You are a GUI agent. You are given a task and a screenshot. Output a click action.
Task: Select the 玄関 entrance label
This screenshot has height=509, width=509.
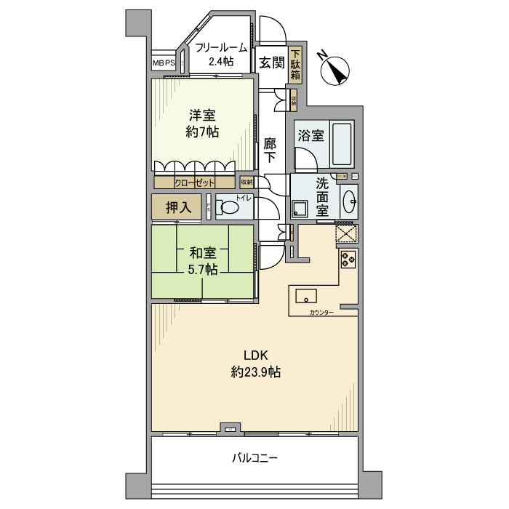point(272,62)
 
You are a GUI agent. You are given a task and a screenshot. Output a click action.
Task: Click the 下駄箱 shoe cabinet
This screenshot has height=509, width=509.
point(296,64)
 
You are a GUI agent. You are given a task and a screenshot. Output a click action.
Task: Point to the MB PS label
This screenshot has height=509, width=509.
point(164,64)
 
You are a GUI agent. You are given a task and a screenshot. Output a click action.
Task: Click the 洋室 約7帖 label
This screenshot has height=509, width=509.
point(202,124)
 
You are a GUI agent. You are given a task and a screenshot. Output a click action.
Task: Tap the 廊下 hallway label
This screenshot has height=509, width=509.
point(270,150)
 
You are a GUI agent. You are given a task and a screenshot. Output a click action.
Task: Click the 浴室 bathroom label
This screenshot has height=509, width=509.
point(311,135)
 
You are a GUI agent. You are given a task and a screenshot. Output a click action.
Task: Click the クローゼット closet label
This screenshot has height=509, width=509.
point(195,183)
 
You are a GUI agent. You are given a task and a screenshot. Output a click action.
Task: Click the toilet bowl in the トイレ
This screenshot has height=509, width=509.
point(230,207)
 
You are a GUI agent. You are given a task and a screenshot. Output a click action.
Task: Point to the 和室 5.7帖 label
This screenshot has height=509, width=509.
point(203,261)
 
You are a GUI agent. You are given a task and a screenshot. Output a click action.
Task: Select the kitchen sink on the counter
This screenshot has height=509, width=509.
point(305,296)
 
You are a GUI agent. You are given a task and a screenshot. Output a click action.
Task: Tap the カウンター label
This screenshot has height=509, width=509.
point(321,312)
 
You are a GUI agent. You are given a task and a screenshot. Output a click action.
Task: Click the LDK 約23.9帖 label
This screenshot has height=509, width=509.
point(256,364)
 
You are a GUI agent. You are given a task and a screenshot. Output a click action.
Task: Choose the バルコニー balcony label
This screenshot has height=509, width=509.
point(255,458)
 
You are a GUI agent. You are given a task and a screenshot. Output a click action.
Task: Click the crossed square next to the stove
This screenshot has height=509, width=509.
point(347,235)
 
